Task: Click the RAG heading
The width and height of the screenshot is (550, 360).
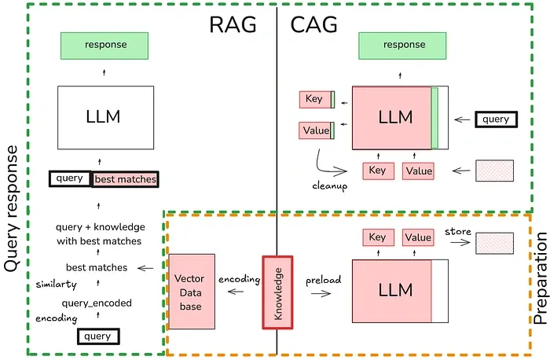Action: pyautogui.click(x=233, y=25)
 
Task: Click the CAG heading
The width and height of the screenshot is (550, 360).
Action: pyautogui.click(x=313, y=25)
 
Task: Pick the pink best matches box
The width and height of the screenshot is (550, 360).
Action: pyautogui.click(x=125, y=179)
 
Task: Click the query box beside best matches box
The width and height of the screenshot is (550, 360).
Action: pyautogui.click(x=70, y=178)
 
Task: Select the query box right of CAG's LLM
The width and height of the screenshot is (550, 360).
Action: pyautogui.click(x=496, y=120)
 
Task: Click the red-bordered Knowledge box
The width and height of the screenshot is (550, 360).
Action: pyautogui.click(x=277, y=291)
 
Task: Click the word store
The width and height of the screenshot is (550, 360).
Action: pyautogui.click(x=458, y=232)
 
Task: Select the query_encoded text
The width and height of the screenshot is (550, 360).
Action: pyautogui.click(x=98, y=302)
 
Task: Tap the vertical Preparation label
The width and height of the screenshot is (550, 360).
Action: pyautogui.click(x=540, y=283)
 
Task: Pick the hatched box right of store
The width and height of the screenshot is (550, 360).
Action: pyautogui.click(x=495, y=242)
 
